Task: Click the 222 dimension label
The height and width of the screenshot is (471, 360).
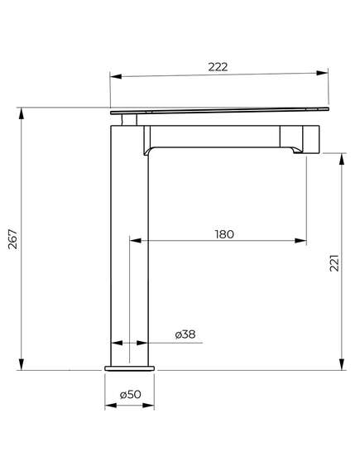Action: (218, 67)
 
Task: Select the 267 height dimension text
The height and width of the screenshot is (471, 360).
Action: (13, 239)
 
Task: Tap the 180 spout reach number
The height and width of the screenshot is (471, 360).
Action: (224, 234)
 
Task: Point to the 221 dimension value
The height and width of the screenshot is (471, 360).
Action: (334, 263)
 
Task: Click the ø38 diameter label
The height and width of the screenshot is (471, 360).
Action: (185, 334)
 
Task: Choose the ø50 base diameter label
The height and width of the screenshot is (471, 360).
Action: (130, 394)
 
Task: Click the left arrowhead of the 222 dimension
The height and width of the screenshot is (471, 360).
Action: (116, 76)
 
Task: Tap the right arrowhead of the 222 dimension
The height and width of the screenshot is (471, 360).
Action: (322, 73)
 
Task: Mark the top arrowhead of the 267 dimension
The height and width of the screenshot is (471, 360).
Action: (22, 113)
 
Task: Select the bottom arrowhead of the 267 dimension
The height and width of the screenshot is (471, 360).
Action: (22, 364)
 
